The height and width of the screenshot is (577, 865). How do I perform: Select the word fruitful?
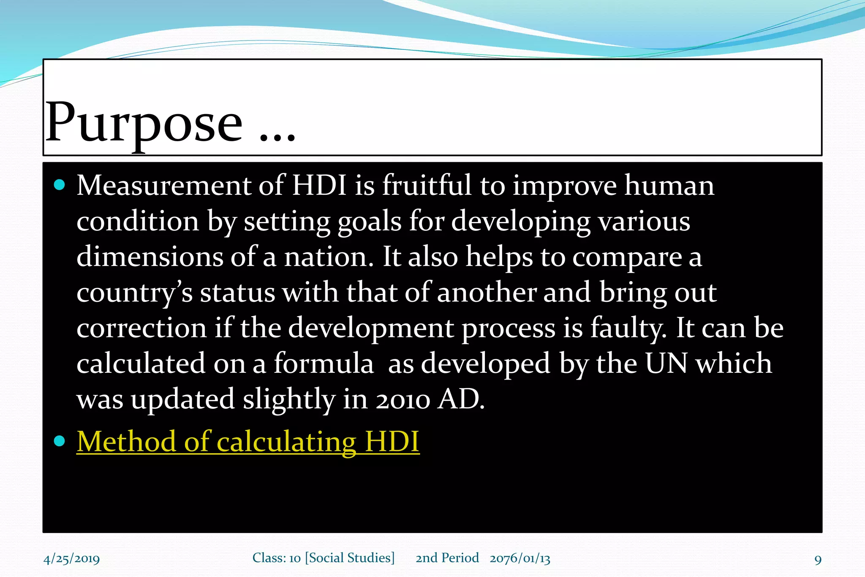427,186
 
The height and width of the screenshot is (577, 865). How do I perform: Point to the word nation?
328,257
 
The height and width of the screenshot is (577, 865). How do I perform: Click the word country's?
134,293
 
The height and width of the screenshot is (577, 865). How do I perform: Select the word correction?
141,328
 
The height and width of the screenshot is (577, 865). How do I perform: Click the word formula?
324,364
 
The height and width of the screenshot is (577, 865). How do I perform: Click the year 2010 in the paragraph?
403,399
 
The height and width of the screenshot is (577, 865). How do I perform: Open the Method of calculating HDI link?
248,442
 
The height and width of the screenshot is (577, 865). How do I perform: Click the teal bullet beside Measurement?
60,185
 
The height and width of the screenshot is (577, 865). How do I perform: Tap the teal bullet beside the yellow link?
60,441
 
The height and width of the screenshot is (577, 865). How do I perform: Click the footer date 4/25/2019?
72,559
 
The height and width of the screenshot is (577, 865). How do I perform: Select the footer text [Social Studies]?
350,558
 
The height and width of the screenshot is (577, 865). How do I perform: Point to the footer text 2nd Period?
447,558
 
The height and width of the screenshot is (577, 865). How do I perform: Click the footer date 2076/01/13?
520,558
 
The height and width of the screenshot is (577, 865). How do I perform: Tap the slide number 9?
818,560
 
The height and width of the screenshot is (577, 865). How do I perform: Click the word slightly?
289,399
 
